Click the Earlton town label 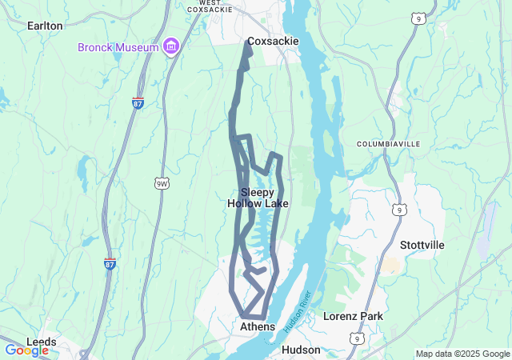click(x=45, y=26)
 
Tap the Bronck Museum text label click(x=118, y=47)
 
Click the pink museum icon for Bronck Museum click(x=170, y=47)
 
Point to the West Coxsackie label click(x=221, y=6)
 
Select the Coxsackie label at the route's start click(x=272, y=42)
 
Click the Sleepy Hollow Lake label click(x=258, y=198)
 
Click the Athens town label click(x=258, y=326)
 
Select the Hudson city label click(x=301, y=350)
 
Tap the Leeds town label click(x=42, y=342)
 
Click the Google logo click(x=26, y=350)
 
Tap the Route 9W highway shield click(x=162, y=184)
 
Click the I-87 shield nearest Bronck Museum click(x=138, y=103)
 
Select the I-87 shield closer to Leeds click(x=110, y=263)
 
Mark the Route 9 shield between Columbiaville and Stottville click(x=398, y=210)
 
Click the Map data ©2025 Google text click(x=462, y=354)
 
